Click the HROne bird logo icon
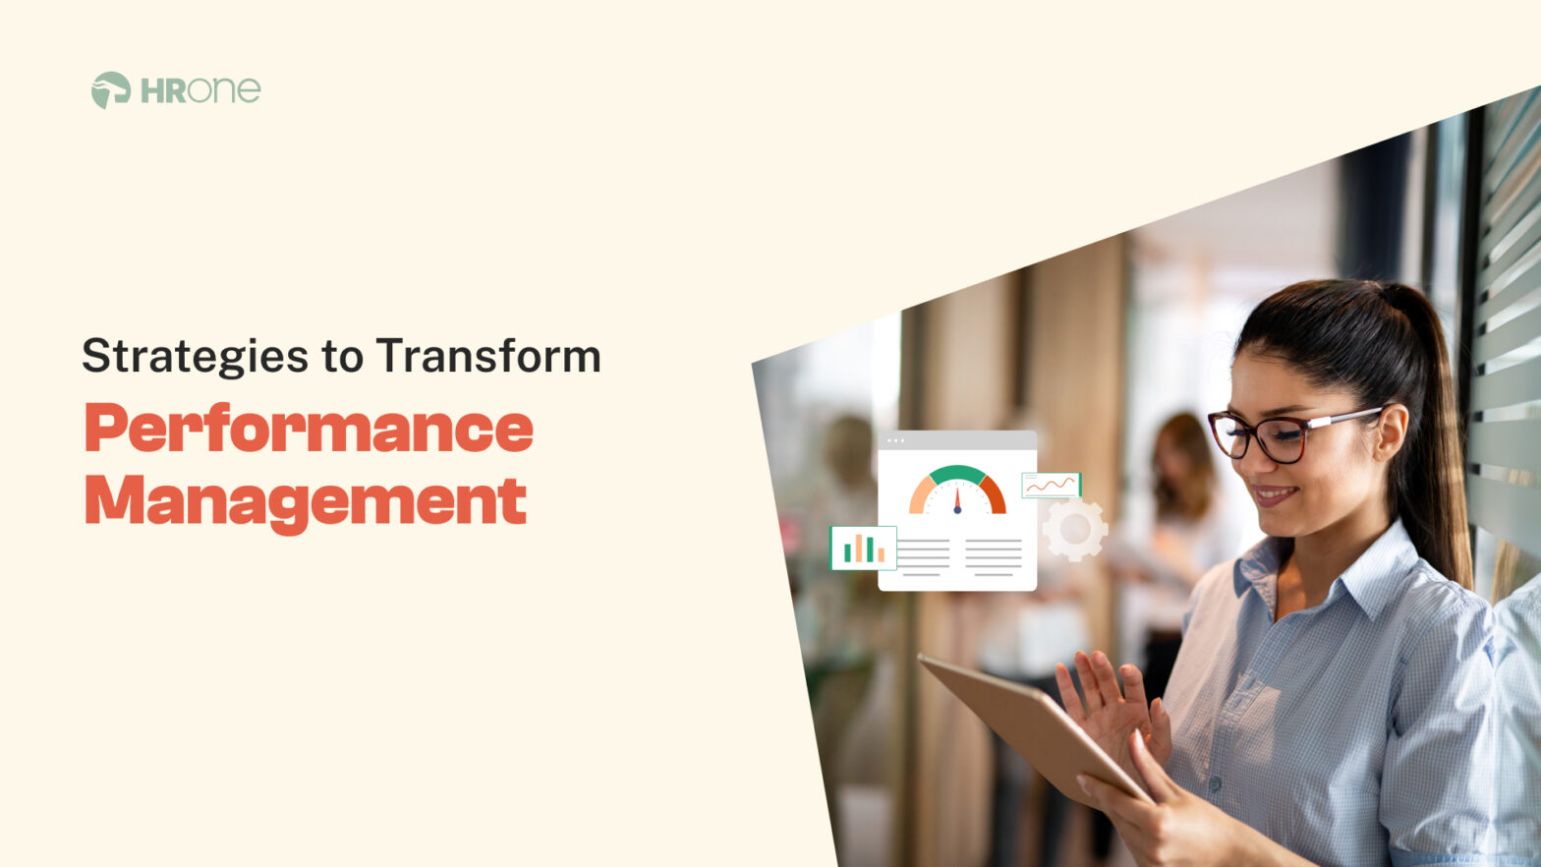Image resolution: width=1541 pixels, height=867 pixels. pyautogui.click(x=110, y=89)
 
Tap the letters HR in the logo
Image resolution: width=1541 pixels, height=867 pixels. pyautogui.click(x=163, y=91)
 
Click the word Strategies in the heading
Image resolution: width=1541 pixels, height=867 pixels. pyautogui.click(x=195, y=357)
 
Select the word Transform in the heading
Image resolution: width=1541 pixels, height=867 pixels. pyautogui.click(x=487, y=356)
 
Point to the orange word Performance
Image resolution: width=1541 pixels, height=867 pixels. pyautogui.click(x=309, y=430)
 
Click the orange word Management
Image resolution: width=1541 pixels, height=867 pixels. pyautogui.click(x=306, y=501)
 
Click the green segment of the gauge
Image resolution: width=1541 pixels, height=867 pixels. pyautogui.click(x=957, y=475)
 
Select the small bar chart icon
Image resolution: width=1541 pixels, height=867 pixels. pyautogui.click(x=863, y=549)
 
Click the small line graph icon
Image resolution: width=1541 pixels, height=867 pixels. pyautogui.click(x=1051, y=485)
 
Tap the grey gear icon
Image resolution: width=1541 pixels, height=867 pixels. pyautogui.click(x=1074, y=529)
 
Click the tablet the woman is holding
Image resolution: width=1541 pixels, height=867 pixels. pyautogui.click(x=1022, y=722)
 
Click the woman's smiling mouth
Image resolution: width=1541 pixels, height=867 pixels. pyautogui.click(x=1274, y=495)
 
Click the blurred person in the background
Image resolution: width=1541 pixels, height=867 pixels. pyautogui.click(x=1179, y=491)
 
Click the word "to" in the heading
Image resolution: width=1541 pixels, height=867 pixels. pyautogui.click(x=342, y=357)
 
